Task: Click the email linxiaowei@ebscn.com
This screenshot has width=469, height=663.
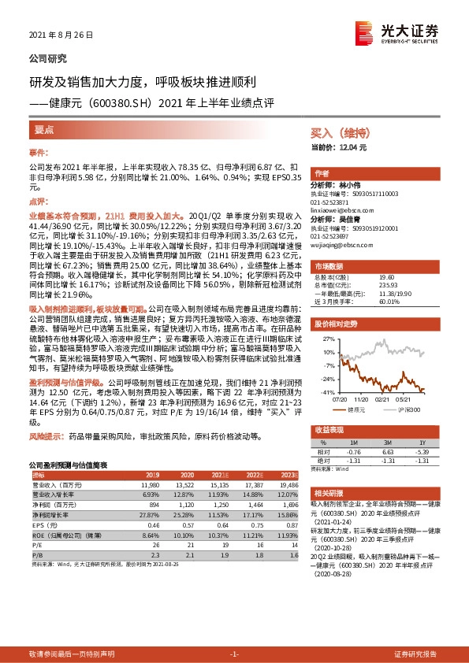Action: [x=345, y=210]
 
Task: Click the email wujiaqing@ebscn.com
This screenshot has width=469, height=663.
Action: [x=344, y=245]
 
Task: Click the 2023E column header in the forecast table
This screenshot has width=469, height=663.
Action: [x=288, y=476]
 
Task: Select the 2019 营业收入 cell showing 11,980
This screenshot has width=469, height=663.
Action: [x=148, y=485]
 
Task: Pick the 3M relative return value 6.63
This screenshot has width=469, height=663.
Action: [x=389, y=453]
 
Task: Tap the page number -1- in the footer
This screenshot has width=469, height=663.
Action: [x=234, y=654]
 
